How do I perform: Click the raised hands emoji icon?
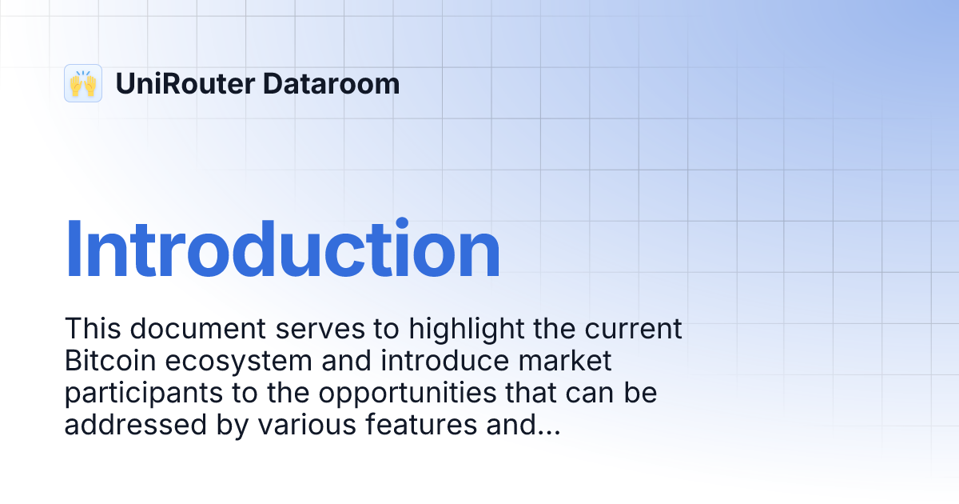[83, 83]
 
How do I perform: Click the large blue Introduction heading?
[282, 250]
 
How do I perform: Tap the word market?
[566, 361]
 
